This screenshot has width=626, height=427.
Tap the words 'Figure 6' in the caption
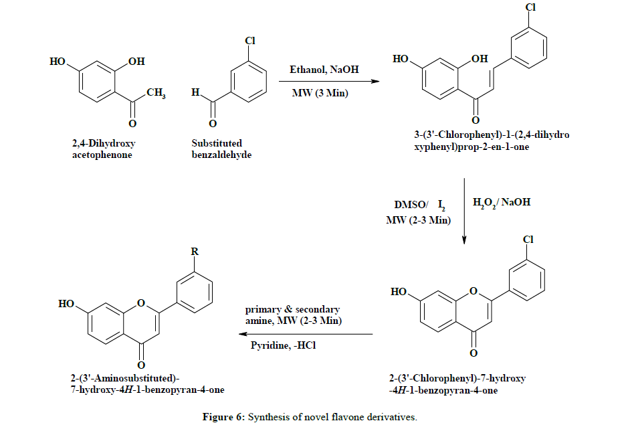[223, 417]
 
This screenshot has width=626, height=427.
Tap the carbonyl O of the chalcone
[476, 120]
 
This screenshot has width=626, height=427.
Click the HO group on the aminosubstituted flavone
[66, 303]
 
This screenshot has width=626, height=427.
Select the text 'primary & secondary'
[292, 309]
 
